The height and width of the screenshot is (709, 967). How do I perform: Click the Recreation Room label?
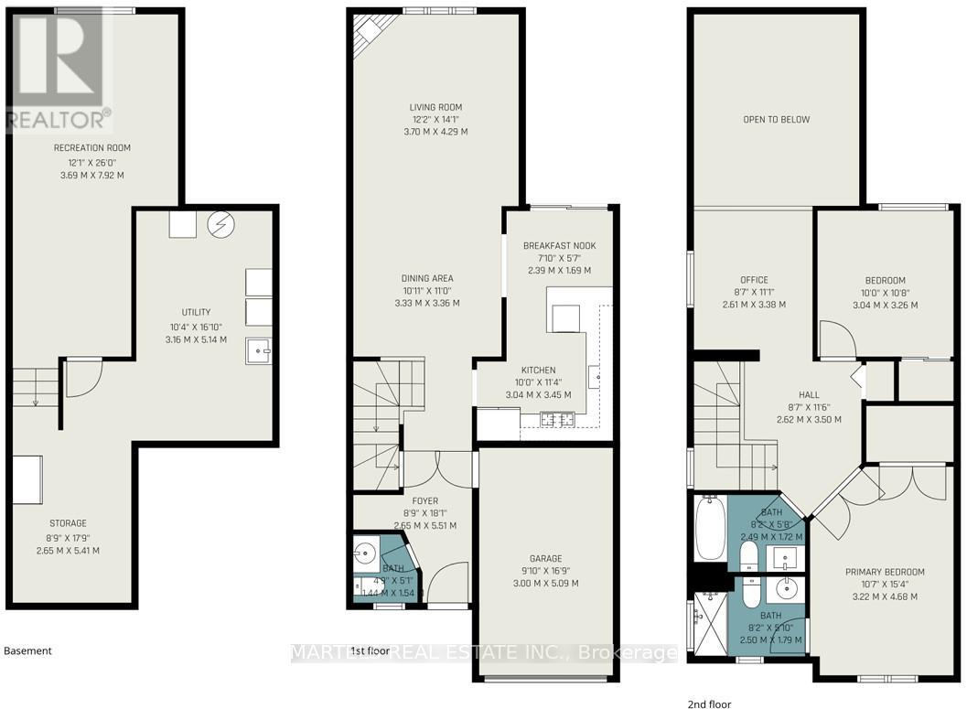click(91, 148)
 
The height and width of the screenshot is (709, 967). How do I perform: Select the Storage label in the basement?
click(68, 523)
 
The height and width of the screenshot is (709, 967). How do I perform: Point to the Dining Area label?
click(427, 278)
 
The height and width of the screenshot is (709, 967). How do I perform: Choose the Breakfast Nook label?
click(558, 246)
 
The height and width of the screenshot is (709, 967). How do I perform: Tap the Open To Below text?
click(776, 120)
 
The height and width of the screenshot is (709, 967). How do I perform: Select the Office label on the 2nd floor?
click(754, 280)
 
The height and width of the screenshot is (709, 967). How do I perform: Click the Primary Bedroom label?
click(885, 572)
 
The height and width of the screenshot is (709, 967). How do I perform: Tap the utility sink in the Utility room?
click(259, 351)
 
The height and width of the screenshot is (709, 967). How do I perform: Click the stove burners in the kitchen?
click(555, 420)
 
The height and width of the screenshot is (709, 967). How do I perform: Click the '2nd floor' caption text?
click(709, 704)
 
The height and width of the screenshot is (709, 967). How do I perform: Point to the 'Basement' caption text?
click(28, 651)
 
